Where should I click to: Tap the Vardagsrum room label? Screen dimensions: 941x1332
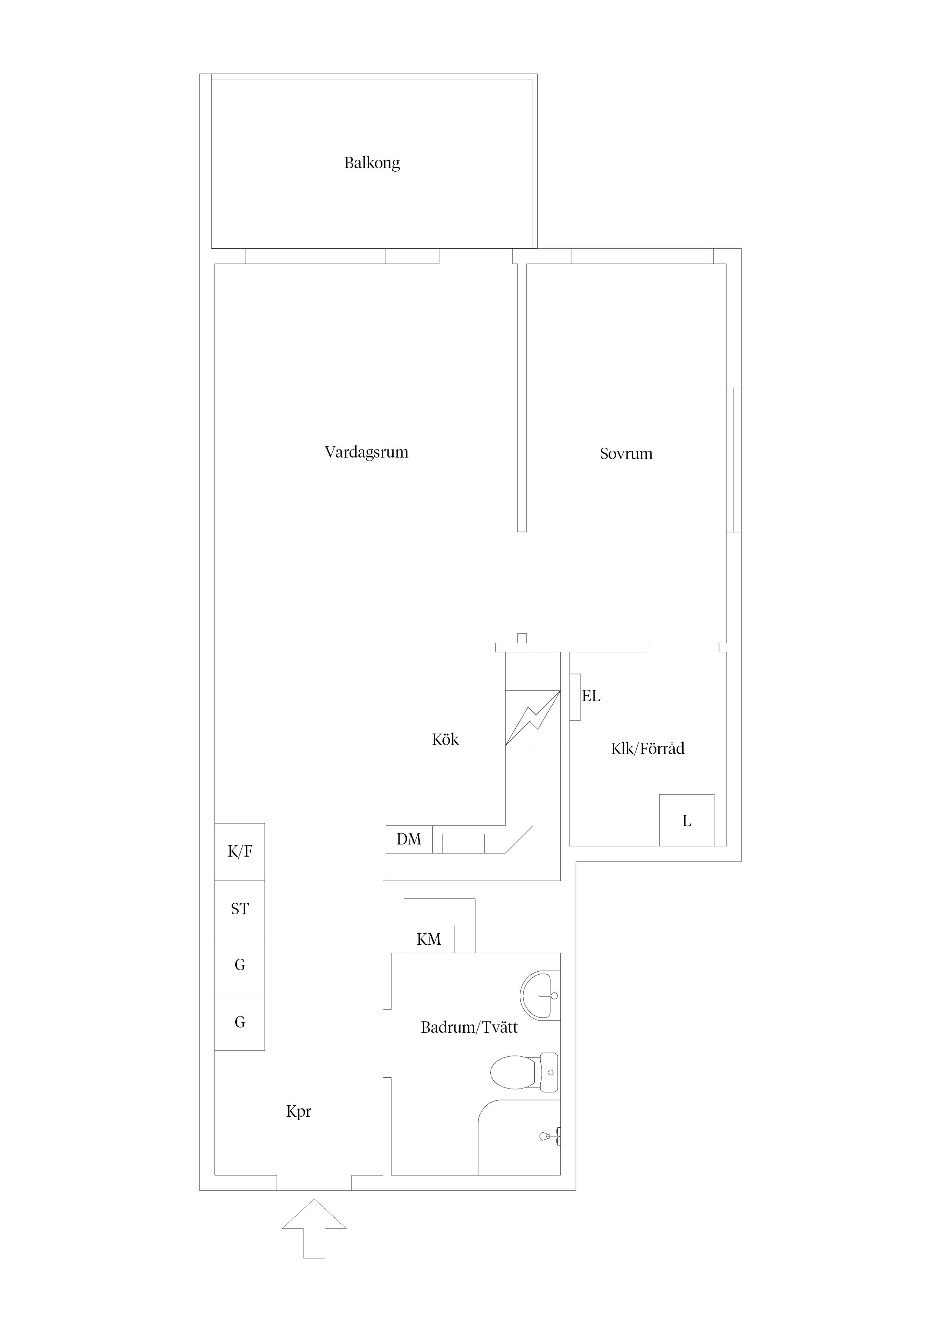pos(367,453)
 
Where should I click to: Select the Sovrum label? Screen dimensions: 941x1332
pos(626,454)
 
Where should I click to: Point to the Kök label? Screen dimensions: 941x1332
pos(445,739)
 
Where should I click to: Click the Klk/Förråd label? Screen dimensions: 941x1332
pos(648,748)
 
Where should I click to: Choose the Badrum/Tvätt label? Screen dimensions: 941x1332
pos(469,1027)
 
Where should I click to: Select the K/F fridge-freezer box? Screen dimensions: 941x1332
pos(240,851)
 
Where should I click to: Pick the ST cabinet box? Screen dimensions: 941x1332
pos(240,909)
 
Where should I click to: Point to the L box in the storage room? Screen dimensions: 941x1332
pos(686,820)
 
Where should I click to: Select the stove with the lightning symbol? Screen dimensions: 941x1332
pos(533,718)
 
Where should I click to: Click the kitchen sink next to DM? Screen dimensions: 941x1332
pos(463,844)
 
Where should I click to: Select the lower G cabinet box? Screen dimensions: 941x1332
pos(240,1022)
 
